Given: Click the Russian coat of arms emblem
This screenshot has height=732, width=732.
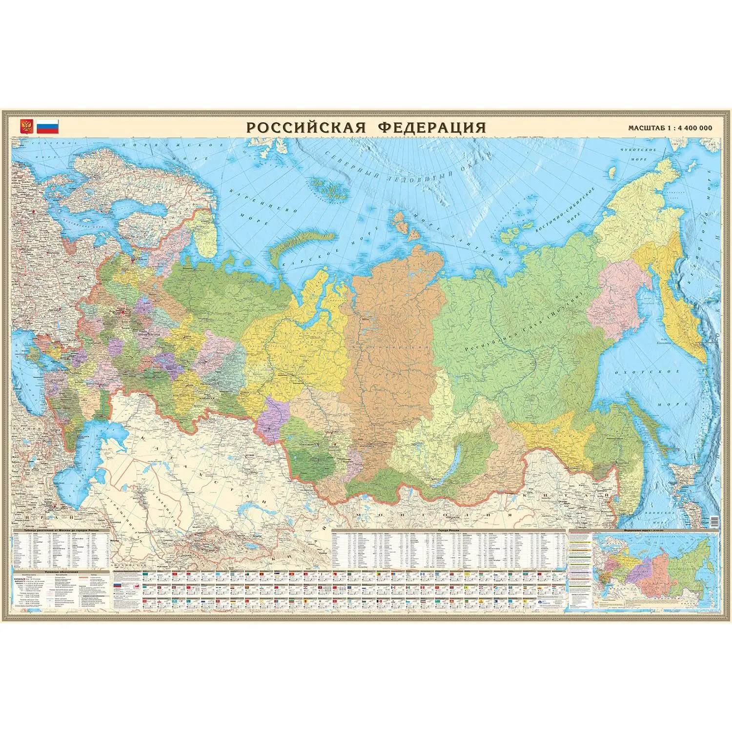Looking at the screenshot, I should [25, 127].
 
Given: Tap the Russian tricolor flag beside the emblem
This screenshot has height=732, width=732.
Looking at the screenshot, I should [47, 127].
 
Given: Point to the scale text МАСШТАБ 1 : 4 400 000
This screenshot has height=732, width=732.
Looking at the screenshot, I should [670, 128].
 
